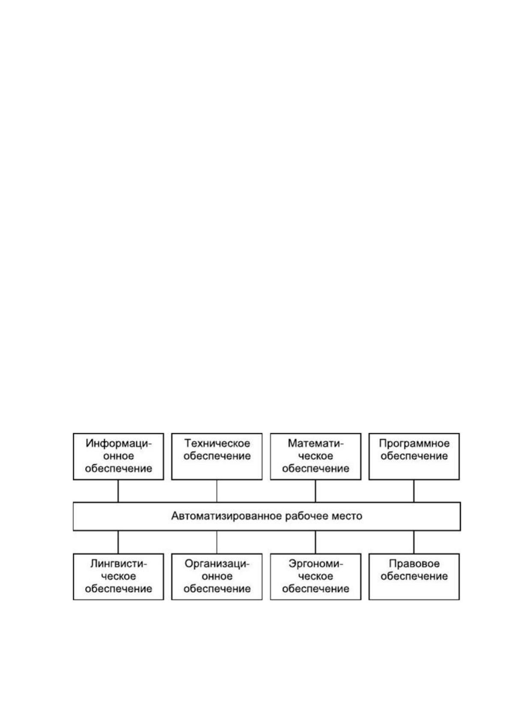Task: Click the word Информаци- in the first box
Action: coord(119,444)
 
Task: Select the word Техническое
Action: coord(217,444)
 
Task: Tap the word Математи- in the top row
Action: coord(316,444)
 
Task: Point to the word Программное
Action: coord(414,444)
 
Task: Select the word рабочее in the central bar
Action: coord(306,516)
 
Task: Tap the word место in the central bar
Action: coord(346,516)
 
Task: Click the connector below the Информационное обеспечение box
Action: coord(118,491)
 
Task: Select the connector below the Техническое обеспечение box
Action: coord(217,491)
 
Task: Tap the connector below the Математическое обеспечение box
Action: coord(316,491)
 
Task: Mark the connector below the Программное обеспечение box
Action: coord(414,491)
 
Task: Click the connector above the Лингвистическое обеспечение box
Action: coord(118,542)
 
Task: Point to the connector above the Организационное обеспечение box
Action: coord(217,542)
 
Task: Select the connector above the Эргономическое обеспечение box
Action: coord(316,542)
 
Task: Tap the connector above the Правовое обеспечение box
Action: coord(414,542)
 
